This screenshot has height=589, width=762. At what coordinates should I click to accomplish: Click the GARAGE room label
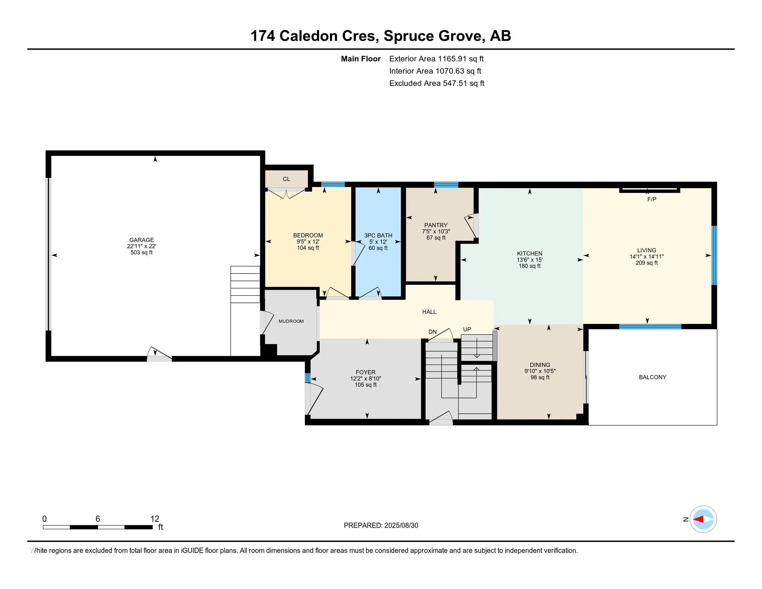point(141,240)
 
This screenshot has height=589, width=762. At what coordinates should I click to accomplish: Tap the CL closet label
point(286,179)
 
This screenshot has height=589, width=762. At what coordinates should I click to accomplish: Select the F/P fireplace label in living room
point(652,199)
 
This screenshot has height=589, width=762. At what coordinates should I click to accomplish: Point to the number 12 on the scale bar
point(154,519)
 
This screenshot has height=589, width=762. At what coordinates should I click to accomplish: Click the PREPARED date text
point(381,526)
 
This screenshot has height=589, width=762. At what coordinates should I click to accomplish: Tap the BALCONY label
point(653,377)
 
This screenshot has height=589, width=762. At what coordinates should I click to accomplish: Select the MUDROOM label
point(291,322)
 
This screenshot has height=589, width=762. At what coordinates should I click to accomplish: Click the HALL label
point(429,312)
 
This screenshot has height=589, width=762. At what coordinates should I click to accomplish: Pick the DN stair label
point(432,332)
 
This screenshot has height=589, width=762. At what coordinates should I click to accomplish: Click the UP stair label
point(467,329)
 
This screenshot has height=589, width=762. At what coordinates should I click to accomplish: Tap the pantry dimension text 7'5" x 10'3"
point(436,232)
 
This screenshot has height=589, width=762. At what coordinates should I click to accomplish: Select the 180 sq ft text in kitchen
point(529,266)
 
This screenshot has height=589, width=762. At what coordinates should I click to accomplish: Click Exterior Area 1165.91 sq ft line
point(436,59)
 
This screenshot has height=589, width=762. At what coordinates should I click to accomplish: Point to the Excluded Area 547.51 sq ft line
point(436,83)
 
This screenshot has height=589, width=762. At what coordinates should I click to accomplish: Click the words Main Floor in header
point(361,59)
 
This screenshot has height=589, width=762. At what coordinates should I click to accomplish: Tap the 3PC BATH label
point(378,236)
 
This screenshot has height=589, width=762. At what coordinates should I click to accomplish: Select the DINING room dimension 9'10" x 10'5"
point(540,371)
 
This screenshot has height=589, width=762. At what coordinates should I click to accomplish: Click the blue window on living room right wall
point(714,255)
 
